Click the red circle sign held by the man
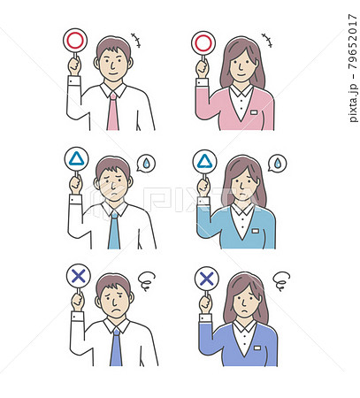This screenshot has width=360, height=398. coord(75,41)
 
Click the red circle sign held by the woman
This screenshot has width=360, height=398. coord(203,43)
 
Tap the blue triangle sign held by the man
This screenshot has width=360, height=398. coord(76,159)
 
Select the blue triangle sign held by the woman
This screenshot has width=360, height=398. coord(204,162)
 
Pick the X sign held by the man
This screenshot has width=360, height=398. coord(78,276)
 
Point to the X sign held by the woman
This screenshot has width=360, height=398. coord(207,279)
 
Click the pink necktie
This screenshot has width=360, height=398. coord(113,111)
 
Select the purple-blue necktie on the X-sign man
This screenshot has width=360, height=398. coord(116,347)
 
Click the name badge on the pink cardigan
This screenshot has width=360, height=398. coord(254,112)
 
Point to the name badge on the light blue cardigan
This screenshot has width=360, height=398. coord(255,231)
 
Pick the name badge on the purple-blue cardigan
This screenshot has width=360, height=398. coord(257,348)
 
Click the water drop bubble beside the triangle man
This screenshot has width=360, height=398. coord(146,164)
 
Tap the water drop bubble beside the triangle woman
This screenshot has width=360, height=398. coord(277,163)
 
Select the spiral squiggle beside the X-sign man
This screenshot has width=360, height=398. coord(147,280)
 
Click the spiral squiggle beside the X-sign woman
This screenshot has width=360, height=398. coord(281,280)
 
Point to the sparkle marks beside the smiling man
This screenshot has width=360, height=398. coord(136,41)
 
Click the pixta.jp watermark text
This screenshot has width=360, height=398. coord(353,103)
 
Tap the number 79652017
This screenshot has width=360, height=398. coord(353,42)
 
